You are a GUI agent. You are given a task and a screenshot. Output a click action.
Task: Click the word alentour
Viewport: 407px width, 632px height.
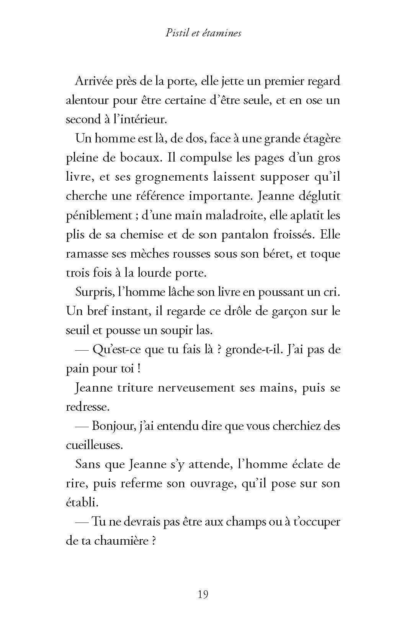87,100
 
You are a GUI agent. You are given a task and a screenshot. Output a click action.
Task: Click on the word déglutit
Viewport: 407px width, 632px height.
320,196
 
